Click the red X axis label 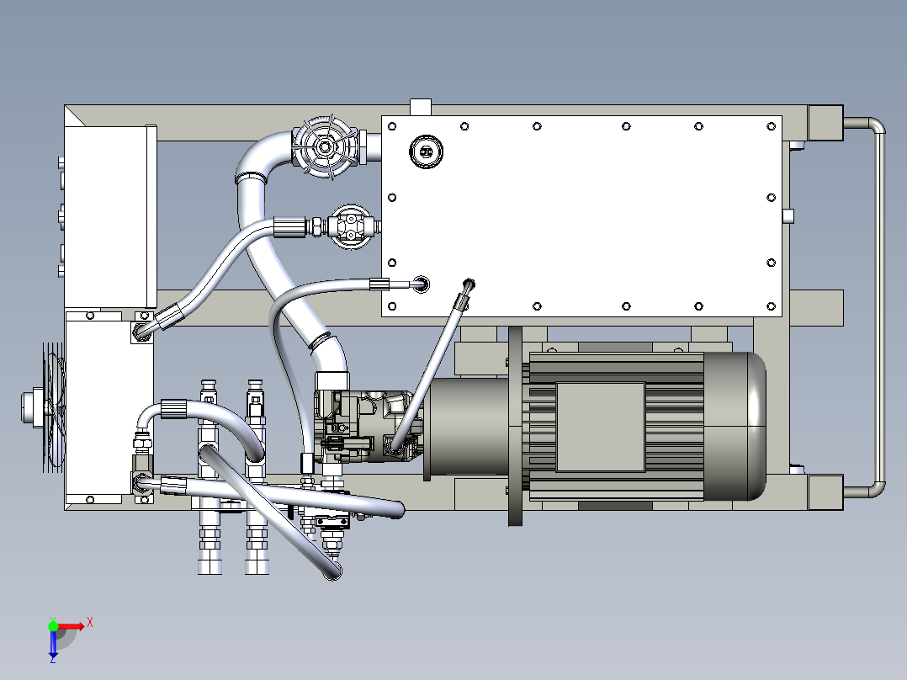pyautogui.click(x=90, y=623)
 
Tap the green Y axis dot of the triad pyautogui.click(x=53, y=626)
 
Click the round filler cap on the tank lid pyautogui.click(x=427, y=151)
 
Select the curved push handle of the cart pyautogui.click(x=879, y=306)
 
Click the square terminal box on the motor pyautogui.click(x=601, y=427)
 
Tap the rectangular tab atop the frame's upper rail pyautogui.click(x=421, y=107)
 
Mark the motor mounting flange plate pyautogui.click(x=515, y=426)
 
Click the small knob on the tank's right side pyautogui.click(x=788, y=215)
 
